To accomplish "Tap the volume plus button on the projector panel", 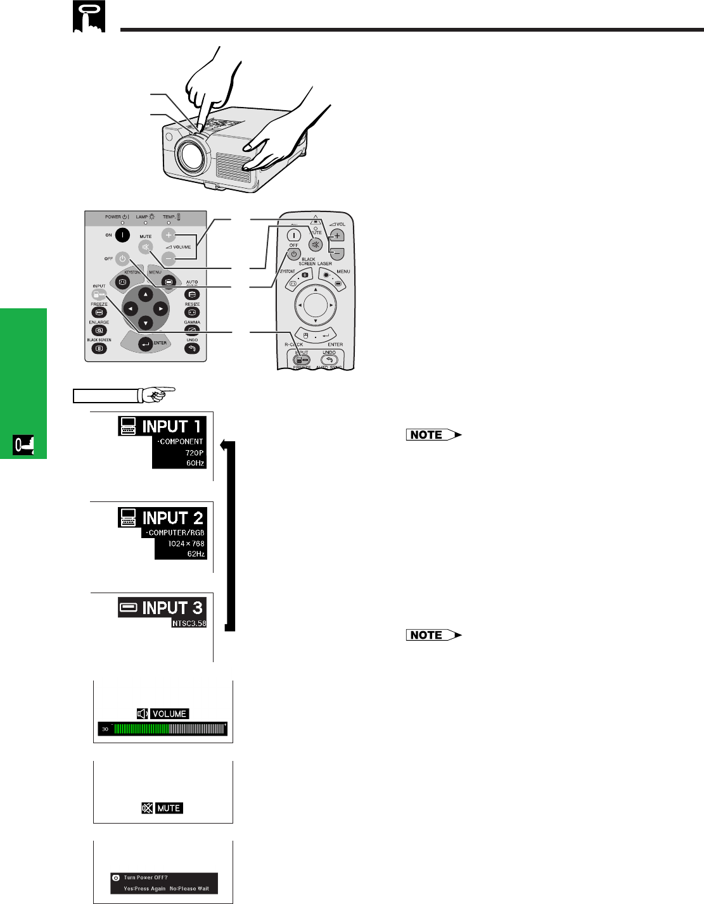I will (169, 235).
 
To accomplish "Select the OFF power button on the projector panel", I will (123, 258).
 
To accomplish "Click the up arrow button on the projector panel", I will (146, 294).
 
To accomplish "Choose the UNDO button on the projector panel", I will (192, 348).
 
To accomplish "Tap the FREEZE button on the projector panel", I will (99, 313).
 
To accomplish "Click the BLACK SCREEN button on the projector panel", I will (99, 348).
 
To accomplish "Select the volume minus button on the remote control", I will (337, 253).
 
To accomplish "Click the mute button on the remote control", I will (315, 244).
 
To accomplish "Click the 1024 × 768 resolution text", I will (186, 543).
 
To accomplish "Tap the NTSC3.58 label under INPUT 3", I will (189, 623).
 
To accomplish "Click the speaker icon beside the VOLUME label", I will (143, 713).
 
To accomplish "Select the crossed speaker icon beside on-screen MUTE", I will (147, 808).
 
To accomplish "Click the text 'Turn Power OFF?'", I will (146, 877).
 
